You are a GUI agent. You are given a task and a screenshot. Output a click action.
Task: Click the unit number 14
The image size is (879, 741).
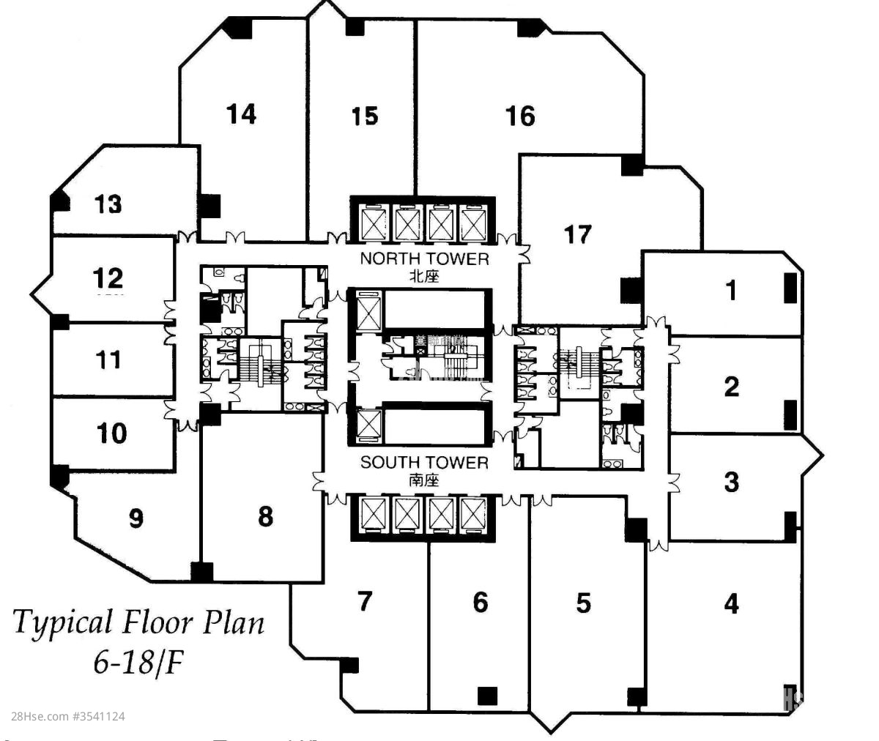(241, 114)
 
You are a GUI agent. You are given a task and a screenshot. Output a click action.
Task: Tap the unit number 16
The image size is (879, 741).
(520, 116)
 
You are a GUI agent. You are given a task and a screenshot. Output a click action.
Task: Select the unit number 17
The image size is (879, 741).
(577, 234)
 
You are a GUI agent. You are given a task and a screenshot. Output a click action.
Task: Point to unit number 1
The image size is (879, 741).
(730, 291)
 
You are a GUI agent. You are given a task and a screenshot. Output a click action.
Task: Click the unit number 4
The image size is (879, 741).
(731, 604)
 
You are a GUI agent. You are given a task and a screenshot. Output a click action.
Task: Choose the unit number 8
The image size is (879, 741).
(265, 516)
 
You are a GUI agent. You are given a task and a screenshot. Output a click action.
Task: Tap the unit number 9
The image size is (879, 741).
(136, 519)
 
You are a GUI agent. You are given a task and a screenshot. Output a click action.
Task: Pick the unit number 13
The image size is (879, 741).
(108, 204)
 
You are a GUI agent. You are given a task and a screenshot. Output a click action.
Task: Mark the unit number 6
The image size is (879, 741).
(480, 603)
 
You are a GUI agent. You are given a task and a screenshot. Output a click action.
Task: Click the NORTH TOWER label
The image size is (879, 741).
(424, 258)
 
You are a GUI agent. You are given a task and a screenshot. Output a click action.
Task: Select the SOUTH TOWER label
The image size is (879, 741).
(424, 463)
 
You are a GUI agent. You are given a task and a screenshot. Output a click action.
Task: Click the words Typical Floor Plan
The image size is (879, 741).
(139, 623)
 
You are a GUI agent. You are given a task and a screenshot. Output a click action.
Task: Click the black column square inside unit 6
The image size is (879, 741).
(486, 695)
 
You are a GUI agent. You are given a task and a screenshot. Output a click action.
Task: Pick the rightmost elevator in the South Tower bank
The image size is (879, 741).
(473, 515)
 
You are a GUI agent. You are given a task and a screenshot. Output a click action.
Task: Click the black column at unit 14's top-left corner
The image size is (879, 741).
(238, 28)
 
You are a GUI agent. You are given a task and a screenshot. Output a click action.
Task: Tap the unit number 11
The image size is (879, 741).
(108, 360)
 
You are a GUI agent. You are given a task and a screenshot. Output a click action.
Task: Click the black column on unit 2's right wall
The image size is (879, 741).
(790, 414)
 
